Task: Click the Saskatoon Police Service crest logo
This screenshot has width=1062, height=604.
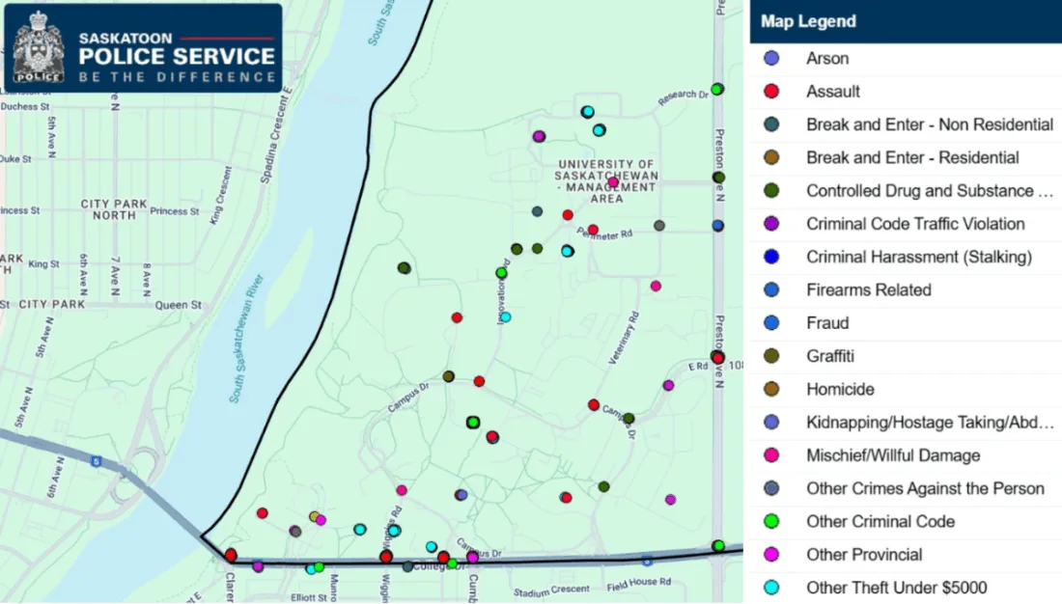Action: tap(38, 46)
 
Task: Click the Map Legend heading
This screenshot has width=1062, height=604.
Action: tap(807, 21)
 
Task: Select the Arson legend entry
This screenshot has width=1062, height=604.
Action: tap(827, 59)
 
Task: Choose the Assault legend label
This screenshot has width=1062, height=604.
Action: tap(833, 92)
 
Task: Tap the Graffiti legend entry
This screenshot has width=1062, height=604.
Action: tap(830, 356)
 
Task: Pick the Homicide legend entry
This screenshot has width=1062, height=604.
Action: tap(840, 390)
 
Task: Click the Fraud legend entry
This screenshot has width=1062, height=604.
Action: tap(827, 323)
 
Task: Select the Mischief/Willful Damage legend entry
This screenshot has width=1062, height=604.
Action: tap(893, 455)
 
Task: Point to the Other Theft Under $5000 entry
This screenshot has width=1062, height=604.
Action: tap(897, 588)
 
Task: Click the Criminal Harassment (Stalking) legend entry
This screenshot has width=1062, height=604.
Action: tap(919, 257)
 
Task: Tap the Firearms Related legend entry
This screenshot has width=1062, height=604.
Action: tap(869, 290)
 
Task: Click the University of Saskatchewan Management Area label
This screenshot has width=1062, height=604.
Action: tap(606, 180)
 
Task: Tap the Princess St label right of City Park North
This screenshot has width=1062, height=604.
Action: tap(168, 211)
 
